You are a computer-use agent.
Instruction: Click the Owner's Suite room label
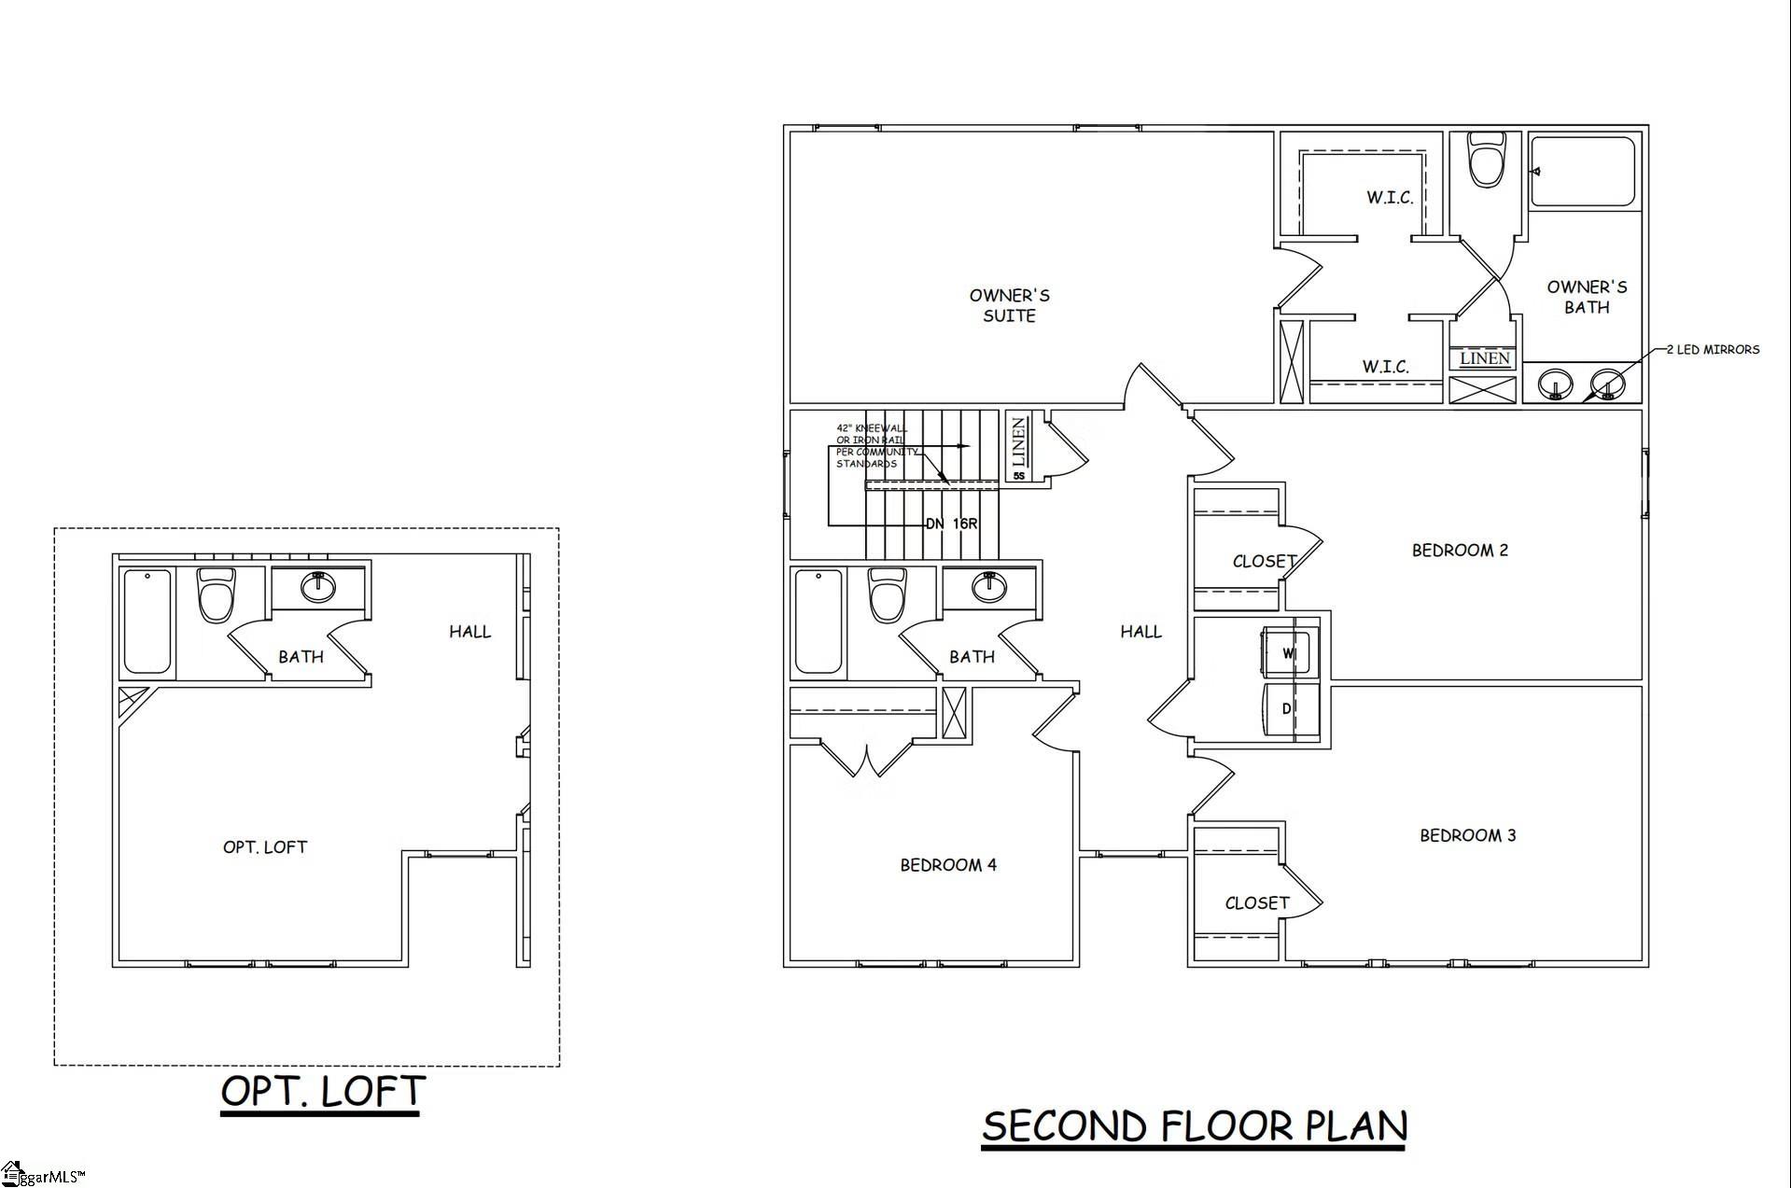(1009, 306)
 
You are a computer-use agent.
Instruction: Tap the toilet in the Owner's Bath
(1488, 161)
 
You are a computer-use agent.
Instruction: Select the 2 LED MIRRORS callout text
(1713, 350)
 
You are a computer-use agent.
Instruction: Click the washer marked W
(1289, 652)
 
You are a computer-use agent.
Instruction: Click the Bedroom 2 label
(1460, 551)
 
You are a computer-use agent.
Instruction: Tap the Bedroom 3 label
(1467, 835)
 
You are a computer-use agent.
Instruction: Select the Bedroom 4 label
(948, 865)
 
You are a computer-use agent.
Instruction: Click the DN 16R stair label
(951, 524)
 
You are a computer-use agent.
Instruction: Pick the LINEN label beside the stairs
(1018, 442)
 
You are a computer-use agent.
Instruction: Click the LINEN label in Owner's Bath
(1484, 358)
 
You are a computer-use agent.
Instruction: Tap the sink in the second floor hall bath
(989, 586)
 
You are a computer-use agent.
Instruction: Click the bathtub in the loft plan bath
(147, 621)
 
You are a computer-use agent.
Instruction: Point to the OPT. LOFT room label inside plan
(264, 847)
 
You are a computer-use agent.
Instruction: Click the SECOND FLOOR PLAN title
(1194, 1126)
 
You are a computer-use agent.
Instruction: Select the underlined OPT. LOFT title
(323, 1091)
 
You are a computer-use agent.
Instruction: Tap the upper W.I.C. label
(1390, 198)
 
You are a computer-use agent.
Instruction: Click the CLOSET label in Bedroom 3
(1256, 903)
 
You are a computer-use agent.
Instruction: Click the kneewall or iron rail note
(872, 446)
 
